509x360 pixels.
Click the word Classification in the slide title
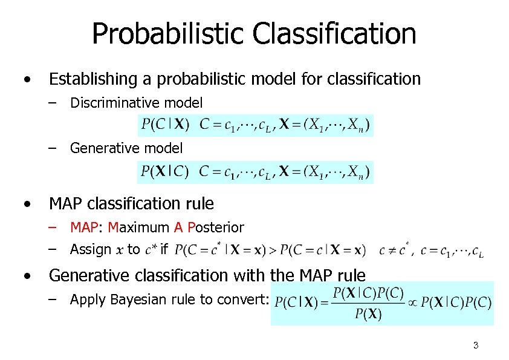(334, 34)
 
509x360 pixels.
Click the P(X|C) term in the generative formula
(165, 172)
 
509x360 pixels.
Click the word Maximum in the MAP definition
(138, 228)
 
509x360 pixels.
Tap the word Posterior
(216, 228)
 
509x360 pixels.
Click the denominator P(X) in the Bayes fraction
(368, 314)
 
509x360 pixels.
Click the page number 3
(476, 346)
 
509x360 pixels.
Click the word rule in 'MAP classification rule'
(198, 204)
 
